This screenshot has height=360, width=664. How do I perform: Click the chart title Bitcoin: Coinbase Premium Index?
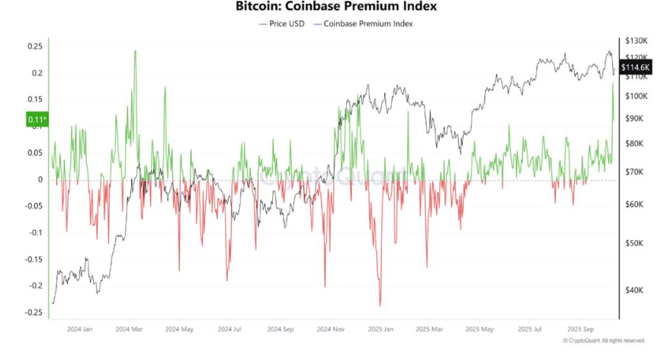tap(331, 7)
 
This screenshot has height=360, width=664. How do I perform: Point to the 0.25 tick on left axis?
tap(34, 47)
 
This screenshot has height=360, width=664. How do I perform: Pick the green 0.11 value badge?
tap(37, 120)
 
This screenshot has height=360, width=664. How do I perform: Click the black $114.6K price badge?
tap(636, 68)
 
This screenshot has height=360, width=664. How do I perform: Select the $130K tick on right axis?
tap(636, 40)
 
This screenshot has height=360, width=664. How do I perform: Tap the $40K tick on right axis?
tap(634, 291)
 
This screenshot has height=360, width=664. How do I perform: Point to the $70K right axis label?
tap(634, 173)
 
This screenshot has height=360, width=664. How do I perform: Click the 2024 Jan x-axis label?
tap(79, 329)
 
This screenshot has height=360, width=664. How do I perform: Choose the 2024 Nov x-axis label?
tap(332, 329)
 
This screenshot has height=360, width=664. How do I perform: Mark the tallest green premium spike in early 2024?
tap(135, 52)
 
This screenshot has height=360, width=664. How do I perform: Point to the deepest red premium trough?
tap(380, 305)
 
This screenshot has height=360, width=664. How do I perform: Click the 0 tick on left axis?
tap(40, 180)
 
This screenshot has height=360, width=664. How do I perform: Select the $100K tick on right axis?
tap(636, 96)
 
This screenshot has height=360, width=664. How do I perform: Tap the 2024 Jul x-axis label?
tap(229, 329)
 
